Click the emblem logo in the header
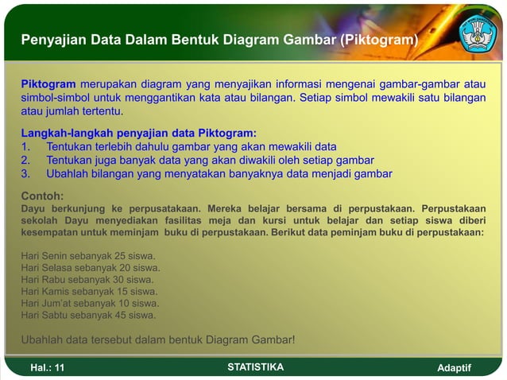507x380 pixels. click(x=478, y=33)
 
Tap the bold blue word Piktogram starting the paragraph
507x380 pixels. click(x=48, y=84)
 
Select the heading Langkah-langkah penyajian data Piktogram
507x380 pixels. click(x=138, y=134)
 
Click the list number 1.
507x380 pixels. click(x=25, y=147)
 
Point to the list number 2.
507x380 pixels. click(x=25, y=160)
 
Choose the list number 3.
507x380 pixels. click(x=25, y=173)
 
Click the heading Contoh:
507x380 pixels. click(x=42, y=196)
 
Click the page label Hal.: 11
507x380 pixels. click(x=48, y=368)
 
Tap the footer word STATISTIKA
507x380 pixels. click(x=255, y=367)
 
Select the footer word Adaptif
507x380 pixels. click(x=455, y=368)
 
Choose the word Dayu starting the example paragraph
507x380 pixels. click(x=33, y=209)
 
